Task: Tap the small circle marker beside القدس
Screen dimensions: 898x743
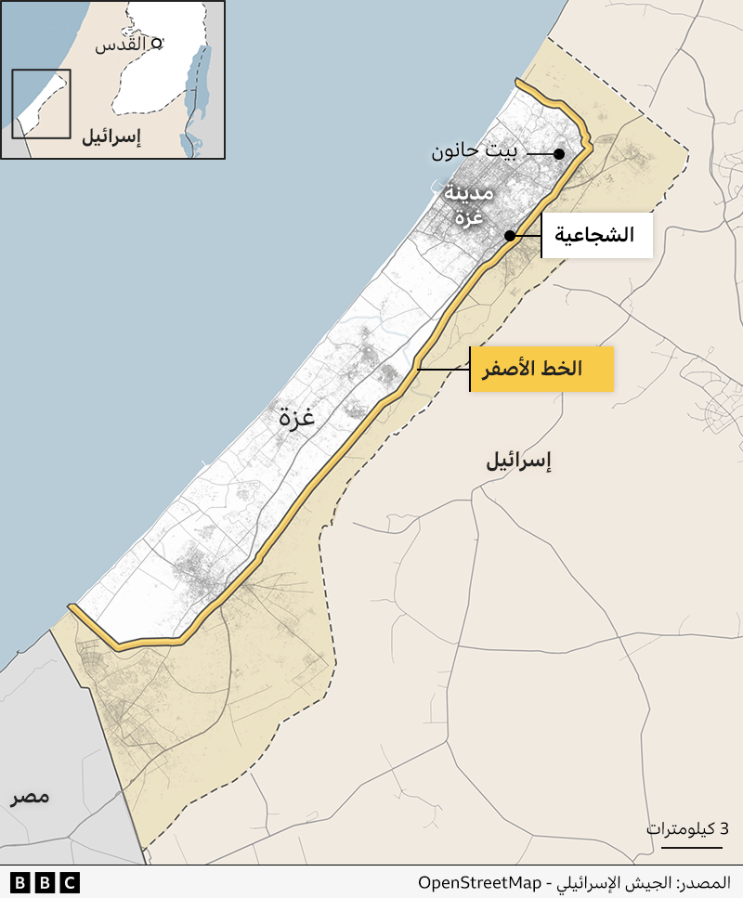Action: click(x=157, y=43)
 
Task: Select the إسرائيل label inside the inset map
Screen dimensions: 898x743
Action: click(x=111, y=137)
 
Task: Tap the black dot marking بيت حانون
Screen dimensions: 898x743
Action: click(x=559, y=153)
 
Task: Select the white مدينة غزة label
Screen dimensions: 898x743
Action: click(x=470, y=205)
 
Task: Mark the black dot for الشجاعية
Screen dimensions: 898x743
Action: click(x=510, y=236)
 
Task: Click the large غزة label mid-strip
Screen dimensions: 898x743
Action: click(x=297, y=418)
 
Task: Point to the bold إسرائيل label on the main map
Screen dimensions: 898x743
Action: click(x=519, y=461)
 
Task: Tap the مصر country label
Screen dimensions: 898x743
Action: click(x=31, y=797)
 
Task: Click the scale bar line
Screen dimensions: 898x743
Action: click(x=685, y=846)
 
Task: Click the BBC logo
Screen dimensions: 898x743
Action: click(x=45, y=882)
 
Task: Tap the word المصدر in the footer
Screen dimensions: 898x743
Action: click(x=705, y=882)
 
